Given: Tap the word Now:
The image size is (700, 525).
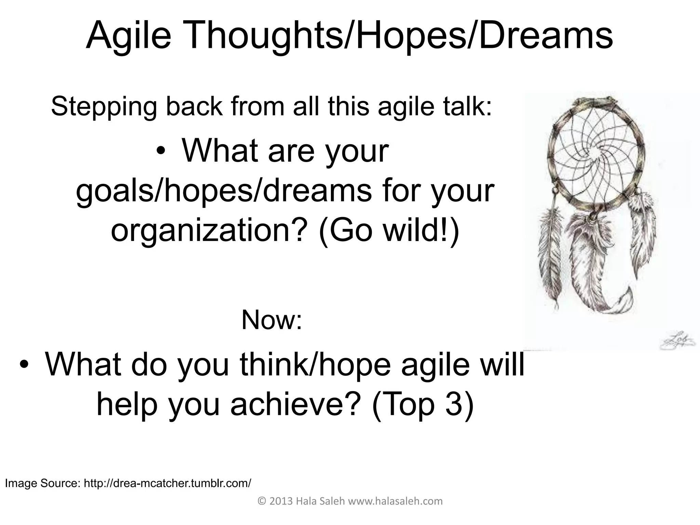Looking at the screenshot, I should (x=272, y=320).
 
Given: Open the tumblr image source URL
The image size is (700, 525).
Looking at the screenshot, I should (x=167, y=483).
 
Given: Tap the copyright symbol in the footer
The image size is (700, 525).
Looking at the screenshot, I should (x=262, y=501).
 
